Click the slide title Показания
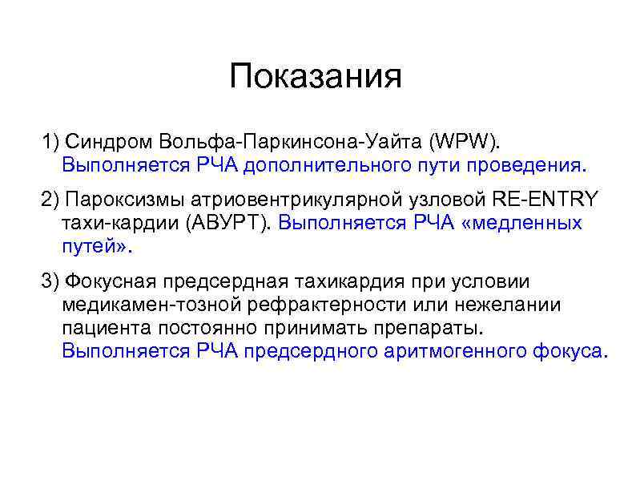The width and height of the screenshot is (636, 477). pyautogui.click(x=315, y=78)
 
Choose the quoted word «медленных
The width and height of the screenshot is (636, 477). pyautogui.click(x=521, y=223)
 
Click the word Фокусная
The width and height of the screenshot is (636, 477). pyautogui.click(x=112, y=281)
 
